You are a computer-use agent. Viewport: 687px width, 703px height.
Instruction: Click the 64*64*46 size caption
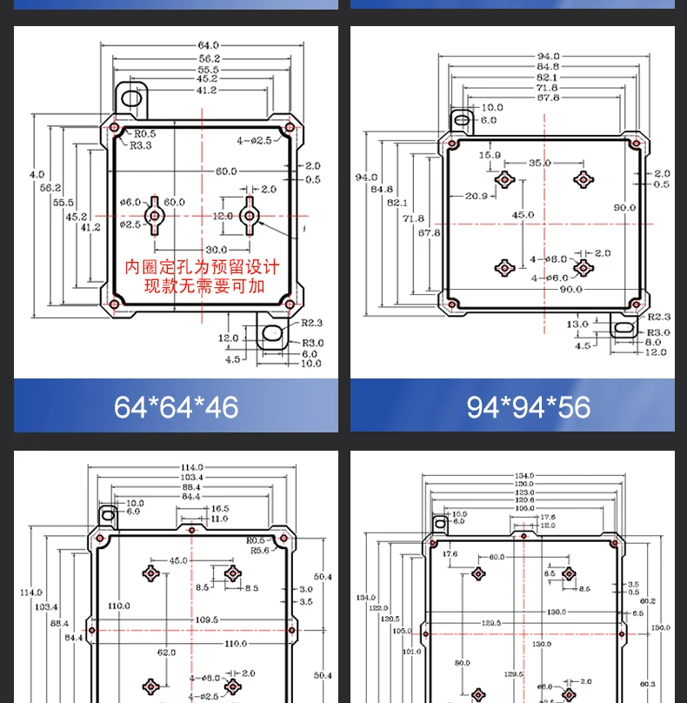click(x=176, y=406)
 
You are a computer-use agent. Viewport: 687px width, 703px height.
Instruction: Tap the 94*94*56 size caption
click(x=528, y=406)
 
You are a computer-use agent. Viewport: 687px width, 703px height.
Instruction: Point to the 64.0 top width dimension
click(x=209, y=45)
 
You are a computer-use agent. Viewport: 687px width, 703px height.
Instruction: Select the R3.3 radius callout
click(x=141, y=146)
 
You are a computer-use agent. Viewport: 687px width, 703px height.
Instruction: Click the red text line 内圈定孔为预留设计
click(x=202, y=267)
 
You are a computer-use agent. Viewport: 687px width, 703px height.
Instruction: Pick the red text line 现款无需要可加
click(x=203, y=285)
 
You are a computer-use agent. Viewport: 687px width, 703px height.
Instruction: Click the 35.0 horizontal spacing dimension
click(x=539, y=163)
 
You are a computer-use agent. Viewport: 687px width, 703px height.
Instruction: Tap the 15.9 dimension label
click(x=490, y=155)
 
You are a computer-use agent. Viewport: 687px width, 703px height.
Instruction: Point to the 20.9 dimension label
click(x=476, y=196)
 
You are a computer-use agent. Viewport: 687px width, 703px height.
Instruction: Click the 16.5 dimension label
click(x=220, y=508)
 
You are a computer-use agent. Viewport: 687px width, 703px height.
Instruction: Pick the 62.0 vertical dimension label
click(x=166, y=652)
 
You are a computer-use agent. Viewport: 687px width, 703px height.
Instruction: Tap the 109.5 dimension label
click(x=206, y=619)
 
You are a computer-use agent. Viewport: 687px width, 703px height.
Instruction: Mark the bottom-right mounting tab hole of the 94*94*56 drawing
click(x=622, y=330)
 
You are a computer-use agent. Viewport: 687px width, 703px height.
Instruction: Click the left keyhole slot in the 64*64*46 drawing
click(x=155, y=215)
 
